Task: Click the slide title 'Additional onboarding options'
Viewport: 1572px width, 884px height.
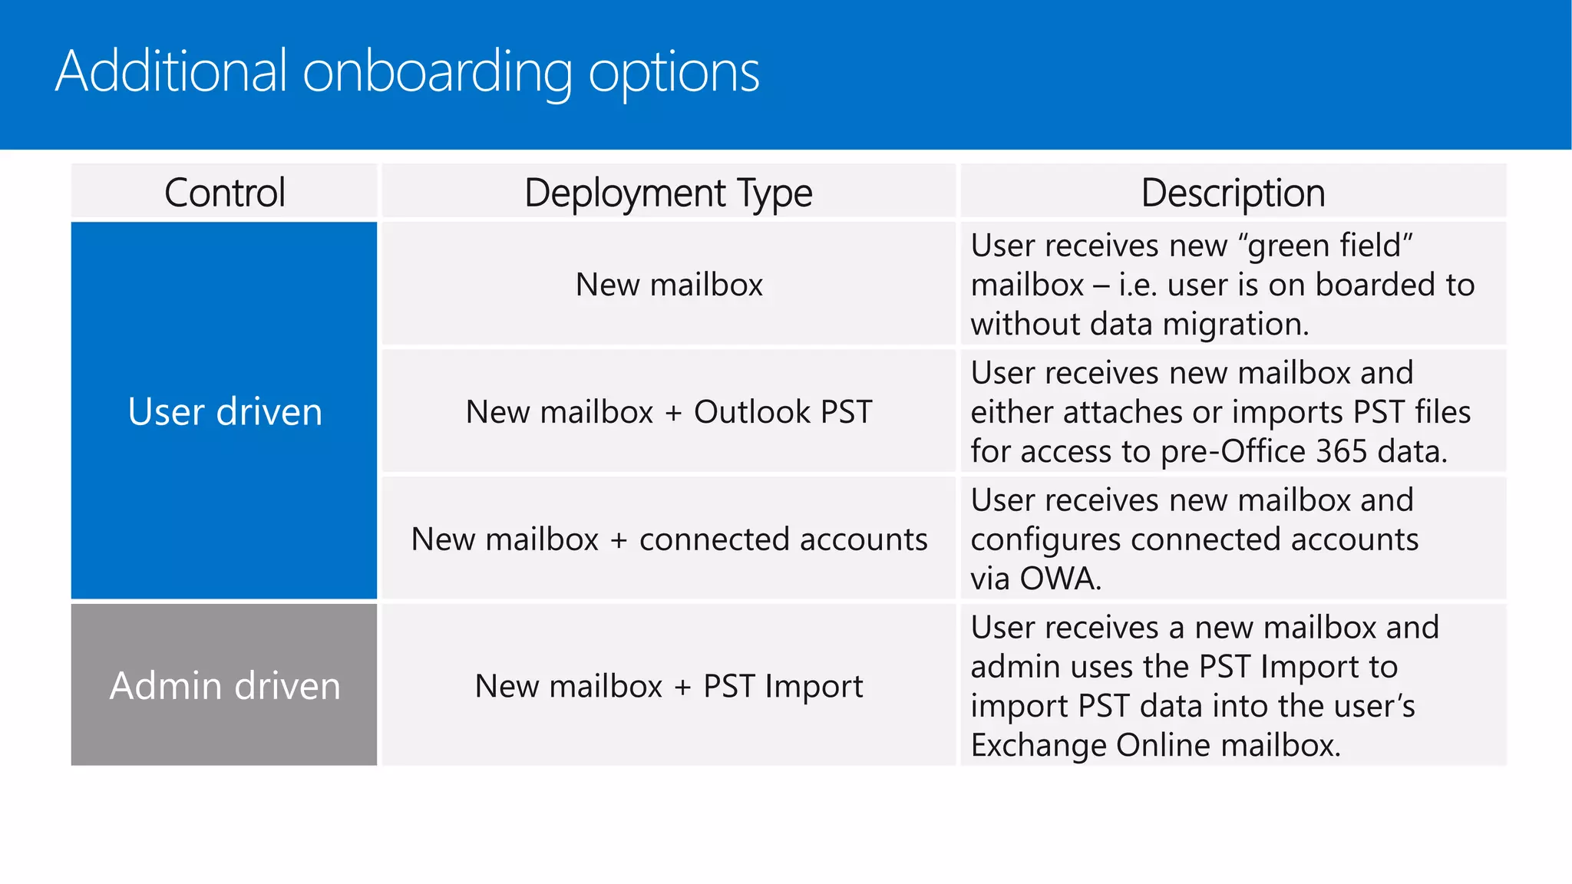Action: pyautogui.click(x=407, y=72)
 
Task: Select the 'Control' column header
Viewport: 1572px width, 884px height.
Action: pyautogui.click(x=224, y=193)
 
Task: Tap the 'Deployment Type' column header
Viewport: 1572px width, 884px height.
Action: pyautogui.click(x=668, y=193)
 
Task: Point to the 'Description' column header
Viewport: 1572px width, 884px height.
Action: pyautogui.click(x=1233, y=193)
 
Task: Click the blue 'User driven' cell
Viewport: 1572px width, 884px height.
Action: pyautogui.click(x=224, y=411)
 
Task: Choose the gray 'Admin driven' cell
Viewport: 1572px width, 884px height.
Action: pyautogui.click(x=224, y=685)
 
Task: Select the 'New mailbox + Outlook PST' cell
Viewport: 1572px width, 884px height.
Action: pyautogui.click(x=668, y=412)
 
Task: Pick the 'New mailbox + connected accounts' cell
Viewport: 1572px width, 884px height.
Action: pyautogui.click(x=668, y=539)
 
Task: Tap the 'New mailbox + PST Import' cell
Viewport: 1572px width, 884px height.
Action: pyautogui.click(x=668, y=686)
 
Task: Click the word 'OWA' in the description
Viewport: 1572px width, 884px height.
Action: pyautogui.click(x=1060, y=579)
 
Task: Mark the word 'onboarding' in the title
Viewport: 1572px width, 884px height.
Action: pyautogui.click(x=438, y=72)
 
